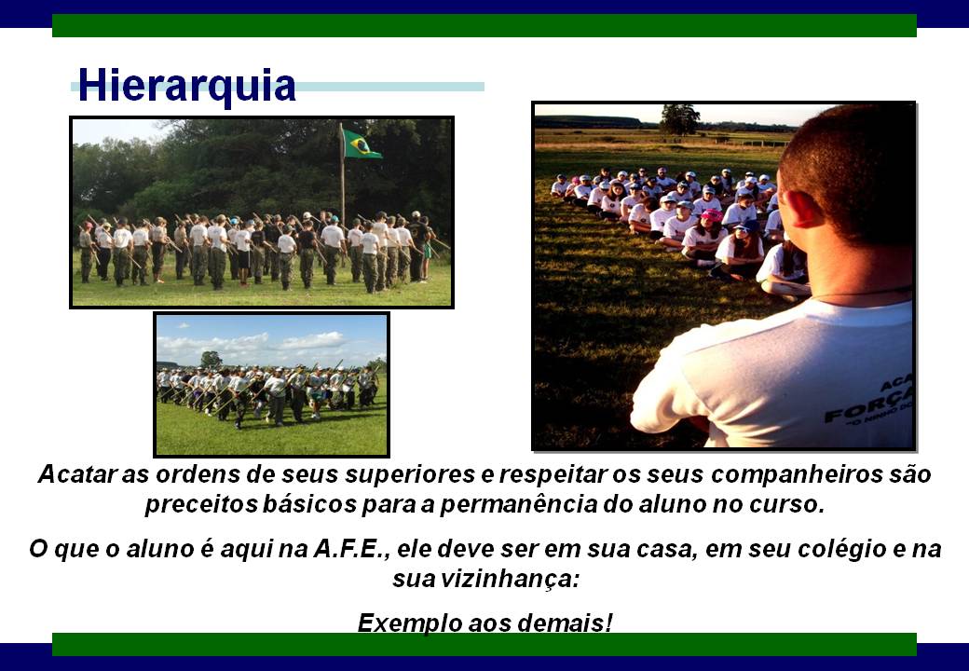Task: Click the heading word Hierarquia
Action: point(186,86)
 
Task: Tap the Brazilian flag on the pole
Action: point(362,144)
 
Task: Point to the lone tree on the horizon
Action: point(679,119)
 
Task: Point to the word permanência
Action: point(518,505)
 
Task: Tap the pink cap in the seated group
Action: point(712,214)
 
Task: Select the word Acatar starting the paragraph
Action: point(78,474)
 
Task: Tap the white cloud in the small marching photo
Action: point(312,340)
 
